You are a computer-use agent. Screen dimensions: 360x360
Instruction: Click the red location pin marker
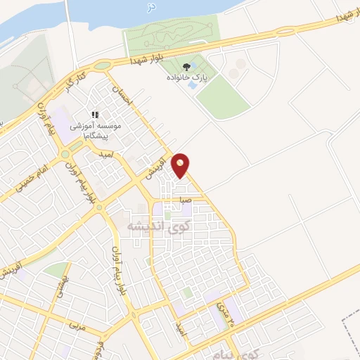[x=181, y=165]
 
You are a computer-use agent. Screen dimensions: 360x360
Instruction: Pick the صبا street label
[x=186, y=200]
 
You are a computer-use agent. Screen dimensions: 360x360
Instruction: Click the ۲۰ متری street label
[x=221, y=308]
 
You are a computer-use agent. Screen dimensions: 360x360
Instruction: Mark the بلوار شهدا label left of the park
[x=151, y=59]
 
